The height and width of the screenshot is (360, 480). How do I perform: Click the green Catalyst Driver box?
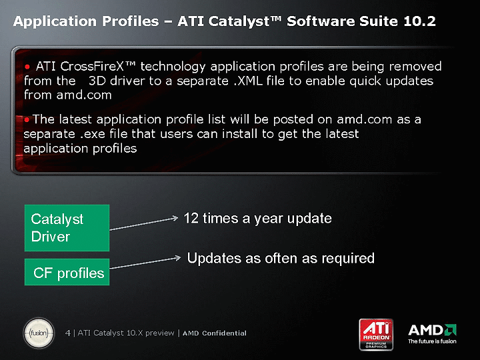67,228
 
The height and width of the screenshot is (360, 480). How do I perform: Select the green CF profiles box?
67,272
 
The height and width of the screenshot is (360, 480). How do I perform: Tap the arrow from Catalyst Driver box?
144,223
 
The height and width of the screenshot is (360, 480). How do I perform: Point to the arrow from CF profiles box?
145,263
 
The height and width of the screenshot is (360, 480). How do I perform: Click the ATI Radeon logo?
376,334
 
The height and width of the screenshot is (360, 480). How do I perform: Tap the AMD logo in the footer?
432,330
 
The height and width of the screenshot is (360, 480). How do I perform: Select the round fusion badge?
39,333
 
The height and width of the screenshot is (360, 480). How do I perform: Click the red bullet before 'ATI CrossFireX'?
27,67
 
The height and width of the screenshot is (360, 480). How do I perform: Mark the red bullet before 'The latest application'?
27,120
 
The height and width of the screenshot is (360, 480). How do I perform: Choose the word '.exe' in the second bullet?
92,134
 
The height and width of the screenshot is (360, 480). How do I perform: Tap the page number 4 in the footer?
67,333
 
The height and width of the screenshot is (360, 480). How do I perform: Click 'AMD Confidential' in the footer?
214,333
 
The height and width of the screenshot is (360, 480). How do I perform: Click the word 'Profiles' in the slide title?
131,21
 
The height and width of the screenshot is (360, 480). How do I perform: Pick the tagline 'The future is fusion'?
432,341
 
